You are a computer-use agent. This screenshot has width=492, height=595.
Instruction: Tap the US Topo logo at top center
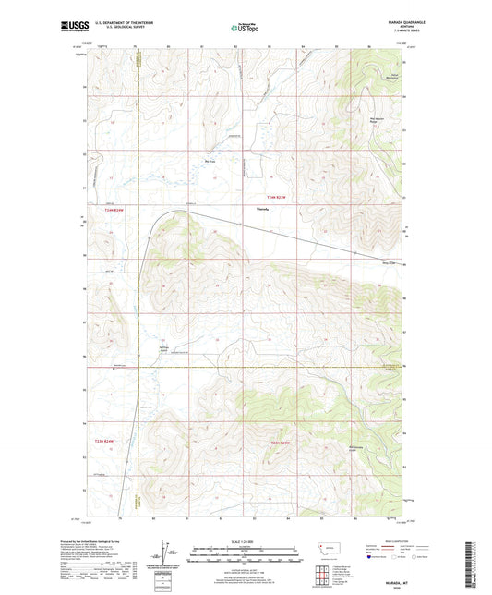tap(245, 29)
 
